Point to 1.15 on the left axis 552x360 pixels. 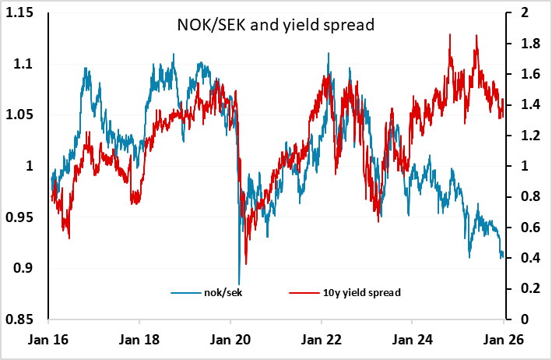(28, 13)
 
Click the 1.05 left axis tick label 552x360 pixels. (28, 115)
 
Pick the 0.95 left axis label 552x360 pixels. (28, 217)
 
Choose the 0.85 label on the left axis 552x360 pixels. (28, 319)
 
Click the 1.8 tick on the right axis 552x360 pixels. (522, 44)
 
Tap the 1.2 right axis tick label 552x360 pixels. (522, 136)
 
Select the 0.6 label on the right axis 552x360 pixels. (522, 228)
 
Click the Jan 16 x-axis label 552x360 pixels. (48, 341)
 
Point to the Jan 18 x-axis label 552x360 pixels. (139, 341)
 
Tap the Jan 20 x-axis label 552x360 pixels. (231, 341)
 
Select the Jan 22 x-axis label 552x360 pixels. (322, 341)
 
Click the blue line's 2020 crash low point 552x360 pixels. (239, 284)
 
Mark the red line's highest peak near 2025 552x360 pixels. (452, 35)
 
